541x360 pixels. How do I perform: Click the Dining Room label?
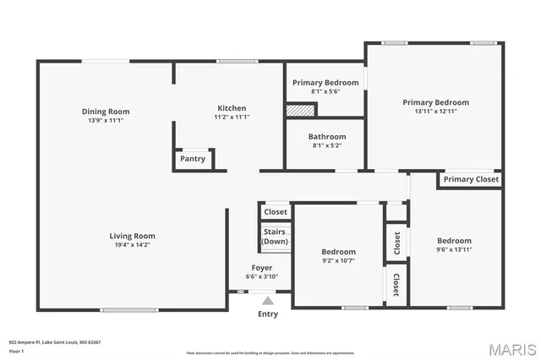point(106,112)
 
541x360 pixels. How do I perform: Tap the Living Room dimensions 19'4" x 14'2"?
point(132,246)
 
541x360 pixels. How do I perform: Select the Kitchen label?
point(232,108)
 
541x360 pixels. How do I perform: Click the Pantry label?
point(193,159)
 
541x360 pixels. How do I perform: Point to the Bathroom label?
point(326,136)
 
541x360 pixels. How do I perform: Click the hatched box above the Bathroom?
point(298,110)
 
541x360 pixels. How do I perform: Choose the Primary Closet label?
point(471,179)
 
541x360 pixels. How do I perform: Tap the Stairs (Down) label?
point(275,236)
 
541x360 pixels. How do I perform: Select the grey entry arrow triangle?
point(268,300)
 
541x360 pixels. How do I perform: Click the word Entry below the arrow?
point(267,314)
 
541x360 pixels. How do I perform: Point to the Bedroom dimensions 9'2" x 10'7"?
point(338,261)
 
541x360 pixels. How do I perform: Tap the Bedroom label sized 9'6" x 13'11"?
point(454,241)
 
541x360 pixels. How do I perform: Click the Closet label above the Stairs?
point(275,212)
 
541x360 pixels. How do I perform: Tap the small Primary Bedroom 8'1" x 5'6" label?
point(325,82)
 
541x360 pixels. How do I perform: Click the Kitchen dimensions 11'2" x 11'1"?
point(232,117)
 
